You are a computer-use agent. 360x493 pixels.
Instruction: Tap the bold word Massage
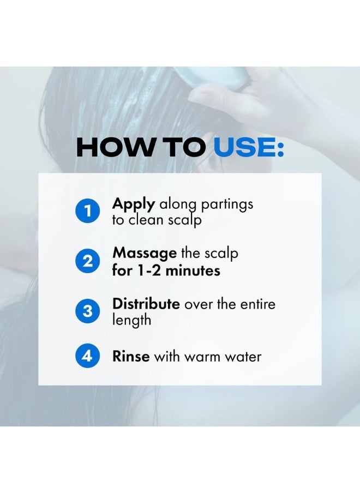(x=145, y=254)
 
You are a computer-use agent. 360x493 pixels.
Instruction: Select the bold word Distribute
(x=146, y=304)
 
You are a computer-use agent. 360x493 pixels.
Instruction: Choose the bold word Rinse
(x=131, y=357)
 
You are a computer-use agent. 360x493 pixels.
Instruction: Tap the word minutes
(x=194, y=270)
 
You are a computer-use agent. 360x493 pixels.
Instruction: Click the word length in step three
(x=131, y=320)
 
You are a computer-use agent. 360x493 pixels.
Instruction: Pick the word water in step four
(x=243, y=357)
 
